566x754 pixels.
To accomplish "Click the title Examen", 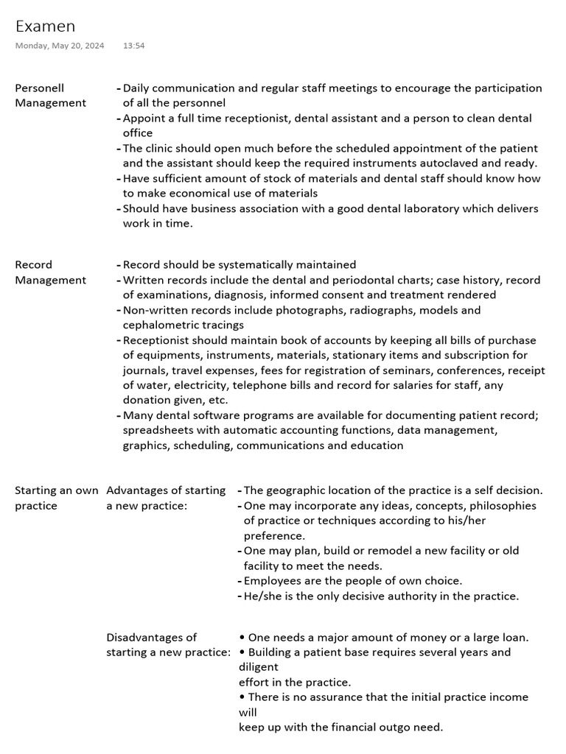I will [45, 27].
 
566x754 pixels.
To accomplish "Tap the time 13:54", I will [133, 46].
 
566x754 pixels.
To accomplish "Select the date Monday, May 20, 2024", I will [60, 46].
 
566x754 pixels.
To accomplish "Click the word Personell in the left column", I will [40, 88].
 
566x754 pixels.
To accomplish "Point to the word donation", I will [147, 400].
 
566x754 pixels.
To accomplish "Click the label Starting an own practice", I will [56, 498].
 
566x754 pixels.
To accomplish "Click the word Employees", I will [272, 581].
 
